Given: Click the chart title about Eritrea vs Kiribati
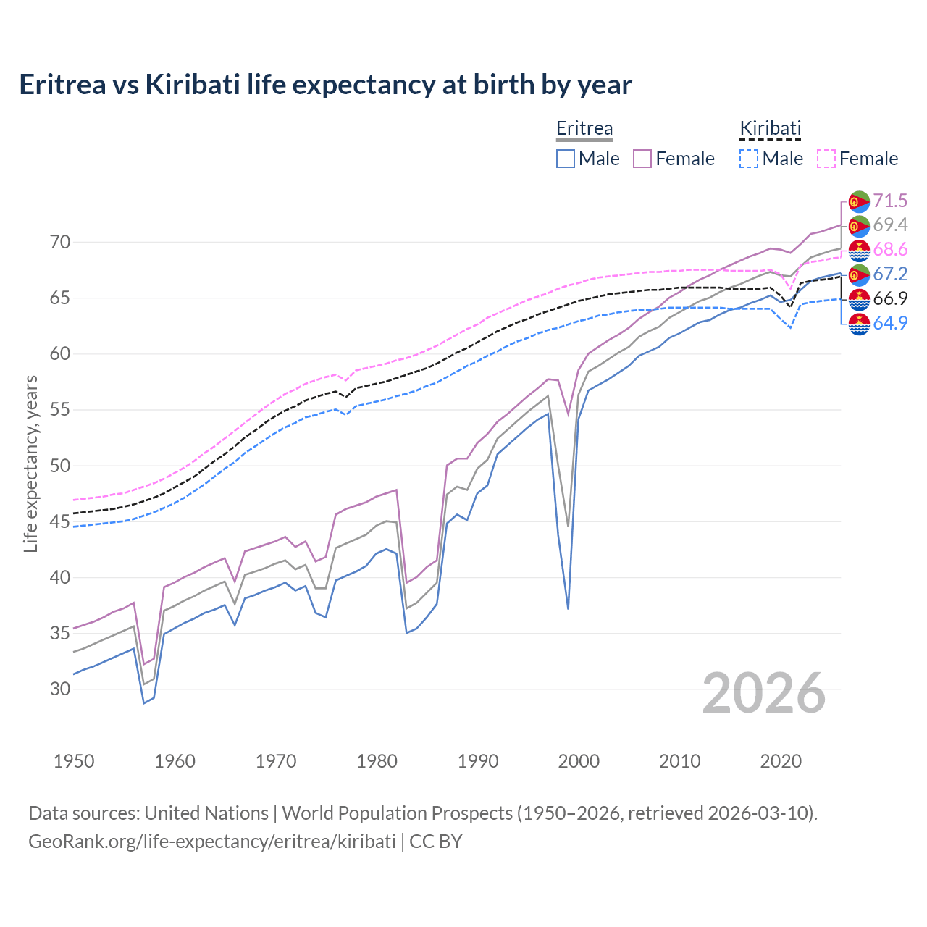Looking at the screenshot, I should pos(325,85).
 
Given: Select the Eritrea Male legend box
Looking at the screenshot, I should pos(566,159).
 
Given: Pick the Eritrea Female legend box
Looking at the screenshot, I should pos(642,159).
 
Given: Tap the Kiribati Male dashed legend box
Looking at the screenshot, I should pos(749,159).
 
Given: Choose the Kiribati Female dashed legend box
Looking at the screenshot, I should pos(826,159).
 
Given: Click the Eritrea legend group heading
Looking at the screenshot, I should pos(584,129).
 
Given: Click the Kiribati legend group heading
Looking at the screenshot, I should pos(770,129).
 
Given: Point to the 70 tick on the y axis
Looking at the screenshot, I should pos(60,243).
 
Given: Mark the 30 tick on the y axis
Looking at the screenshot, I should pos(60,689).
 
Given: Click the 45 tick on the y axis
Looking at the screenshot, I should pos(60,521).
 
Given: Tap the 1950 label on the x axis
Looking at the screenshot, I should pos(74,761).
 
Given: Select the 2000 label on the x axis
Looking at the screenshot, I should pos(579,761).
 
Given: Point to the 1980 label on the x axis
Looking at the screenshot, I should pos(377,761).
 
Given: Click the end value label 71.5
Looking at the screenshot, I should pos(890,201).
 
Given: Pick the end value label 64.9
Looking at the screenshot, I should pos(890,323).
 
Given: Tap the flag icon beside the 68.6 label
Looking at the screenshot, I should pos(859,250).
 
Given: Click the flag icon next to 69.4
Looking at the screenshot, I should pos(859,225).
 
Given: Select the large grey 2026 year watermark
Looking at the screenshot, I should pos(764,693).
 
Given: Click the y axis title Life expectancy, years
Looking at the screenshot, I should pos(31,463).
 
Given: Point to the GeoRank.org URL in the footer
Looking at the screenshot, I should pos(211,842).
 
